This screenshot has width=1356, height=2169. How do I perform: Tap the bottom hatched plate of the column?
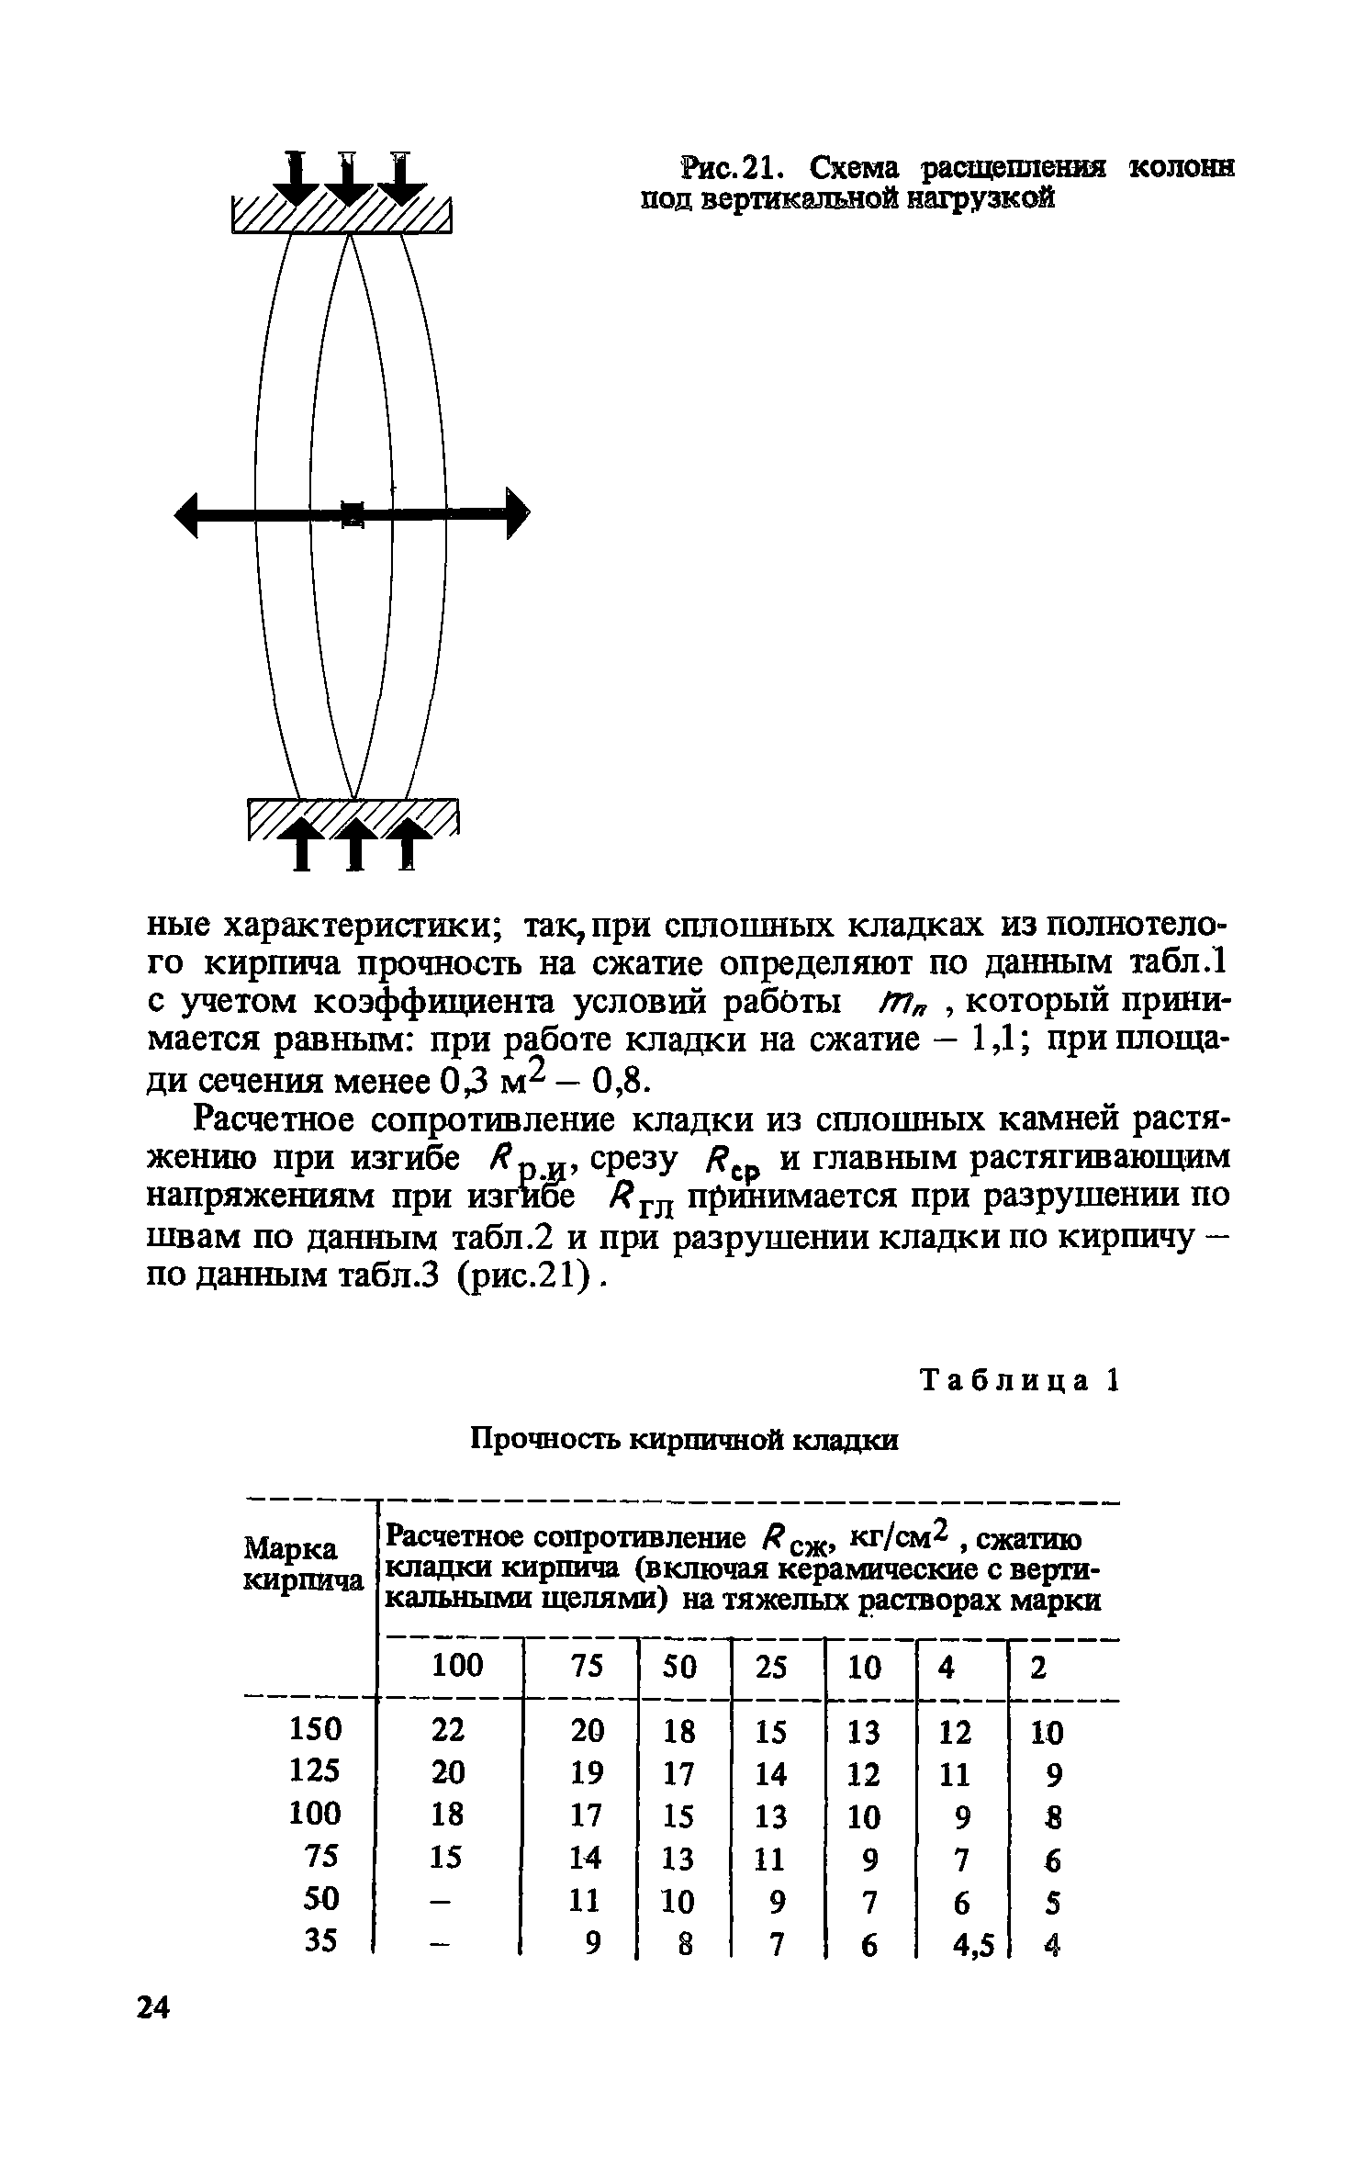pos(353,816)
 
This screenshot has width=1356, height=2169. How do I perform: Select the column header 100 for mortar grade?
pos(457,1666)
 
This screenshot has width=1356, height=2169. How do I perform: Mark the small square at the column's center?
pos(352,513)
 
